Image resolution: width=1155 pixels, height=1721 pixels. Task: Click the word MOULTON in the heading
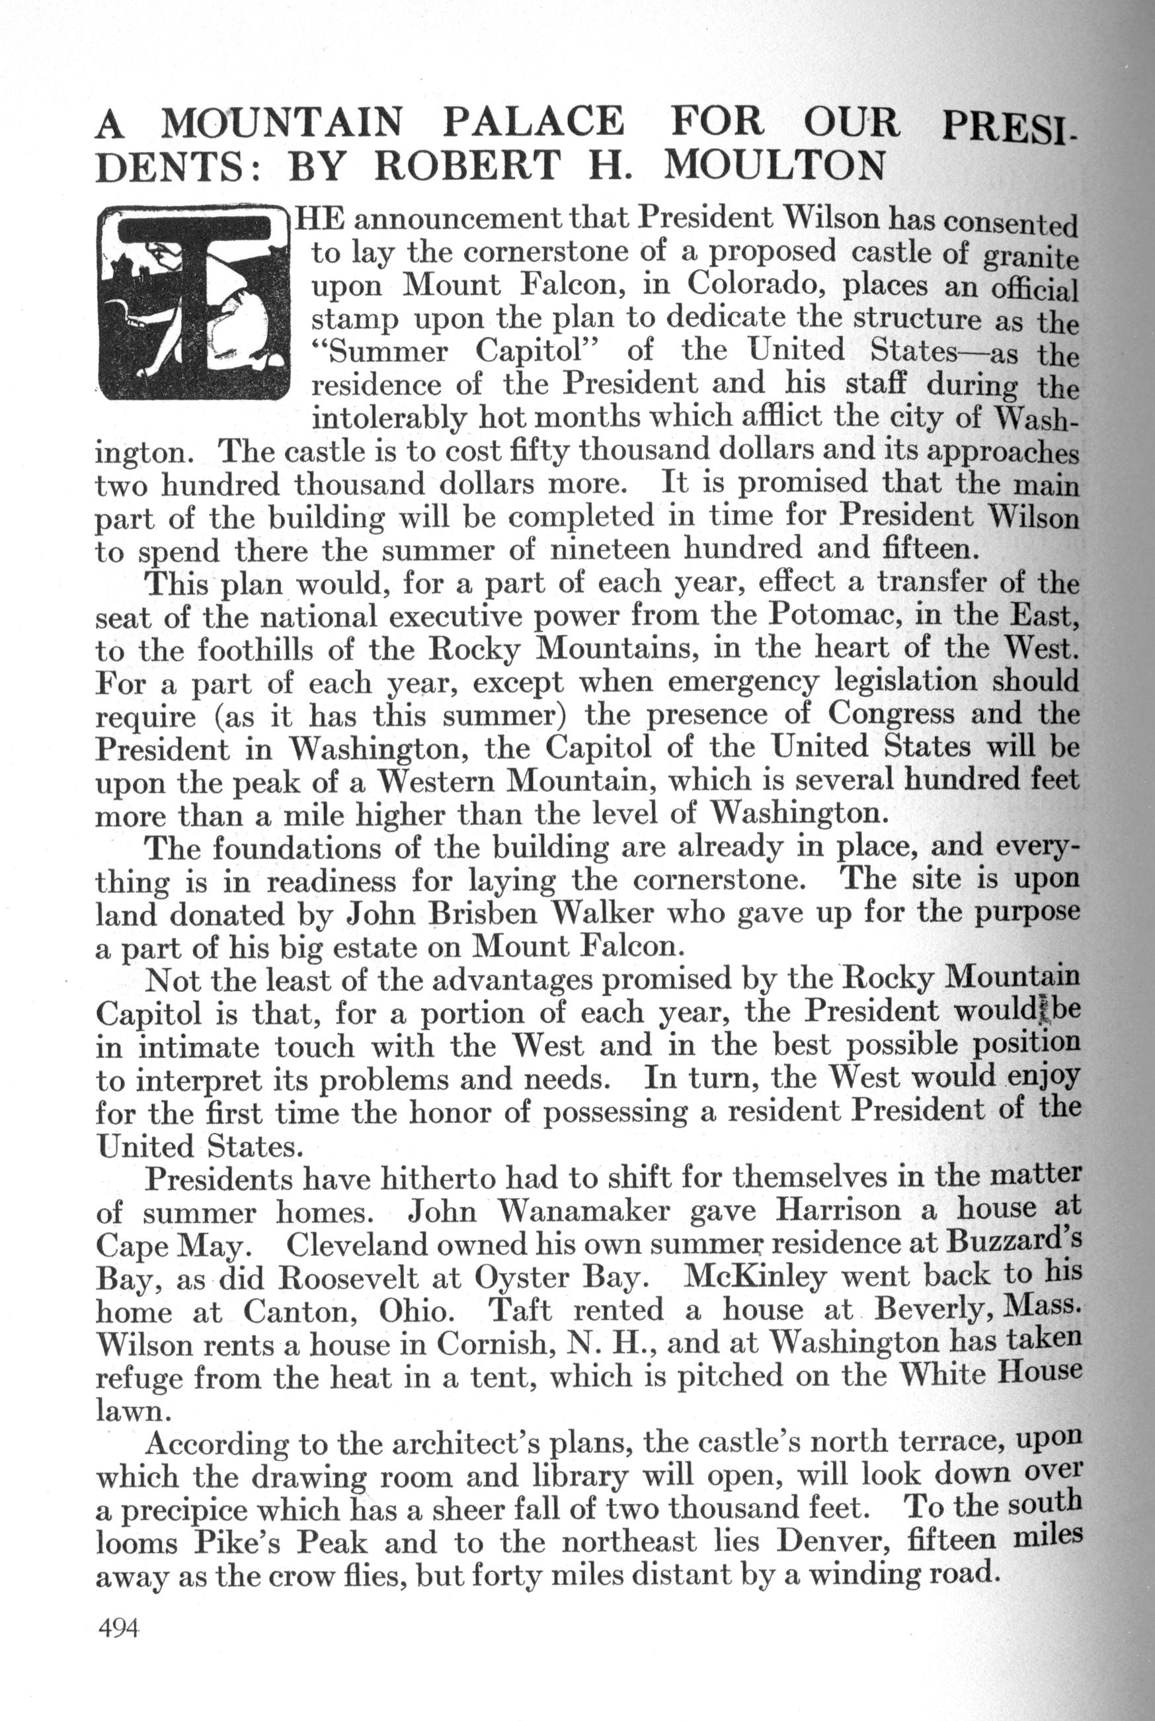(774, 167)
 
